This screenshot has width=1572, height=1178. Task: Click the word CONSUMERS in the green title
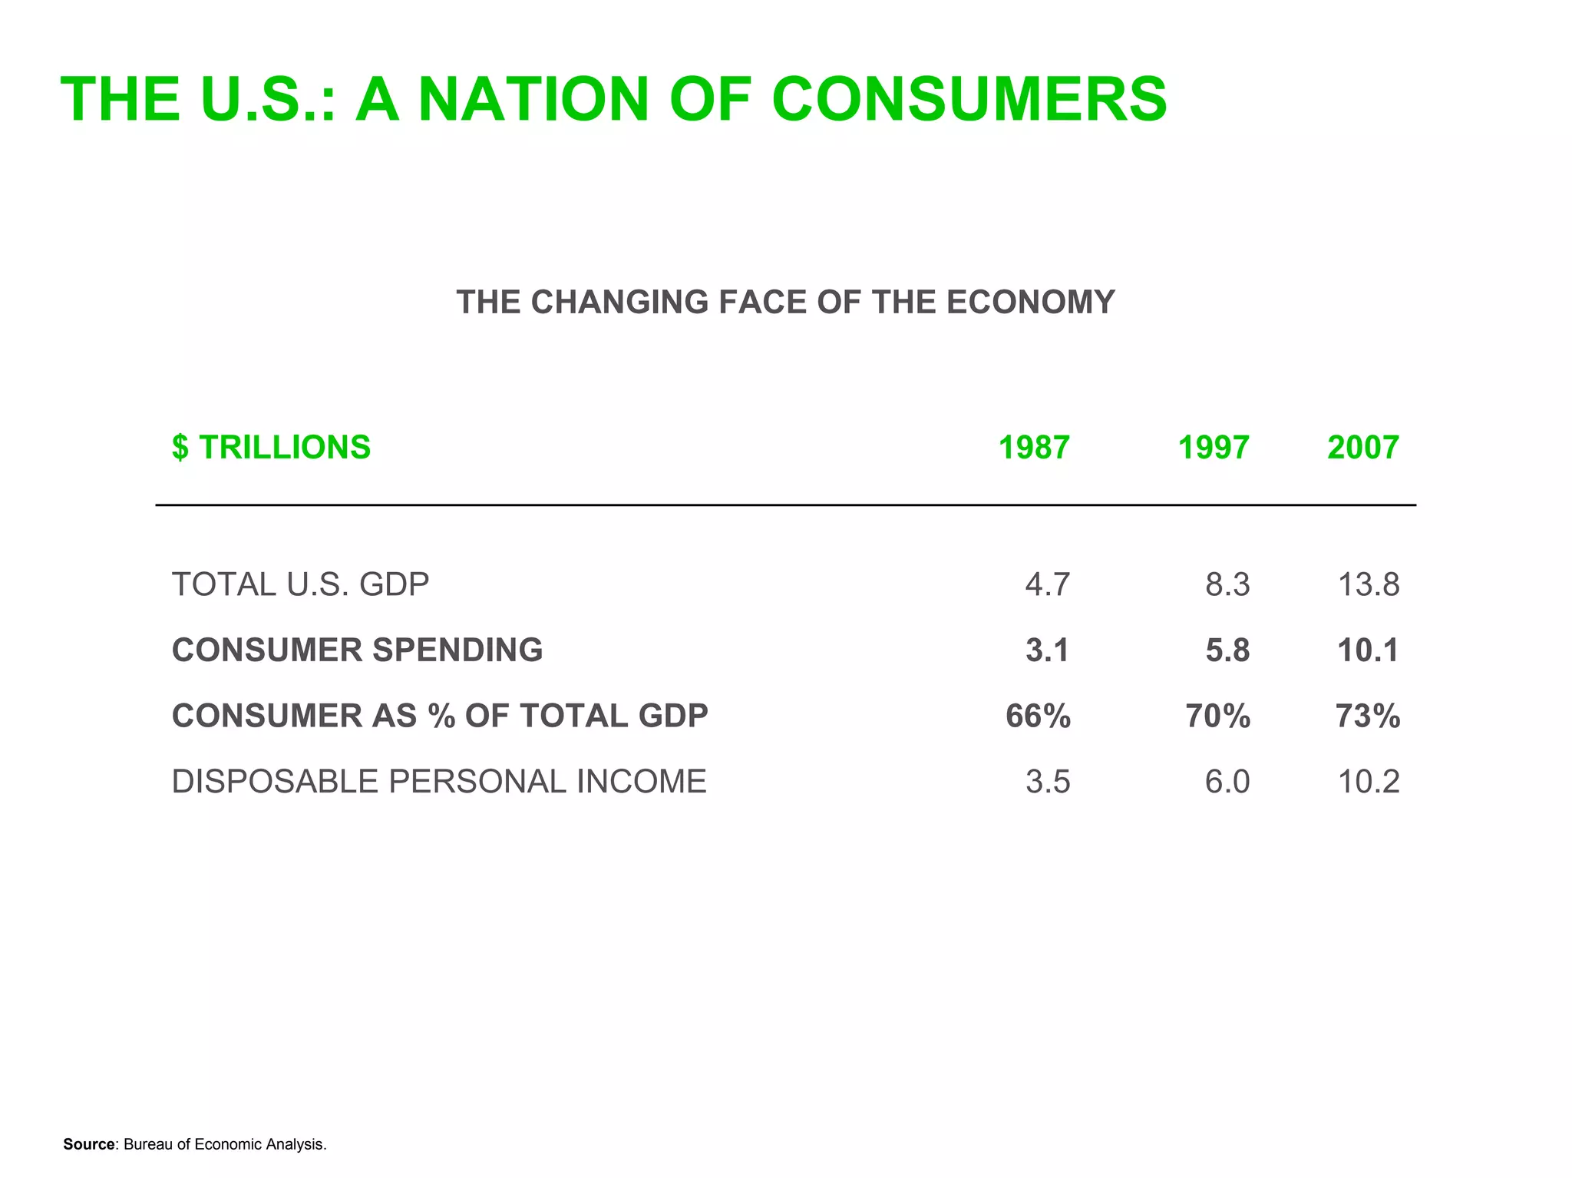(x=969, y=99)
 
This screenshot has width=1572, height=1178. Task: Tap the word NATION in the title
(x=533, y=99)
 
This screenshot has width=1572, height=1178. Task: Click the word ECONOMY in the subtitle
(x=1030, y=302)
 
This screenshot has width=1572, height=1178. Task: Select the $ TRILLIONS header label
(x=271, y=447)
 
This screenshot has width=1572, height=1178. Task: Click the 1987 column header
(x=1033, y=447)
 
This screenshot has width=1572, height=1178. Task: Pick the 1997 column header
(x=1213, y=447)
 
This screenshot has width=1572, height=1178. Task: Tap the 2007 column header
(x=1362, y=447)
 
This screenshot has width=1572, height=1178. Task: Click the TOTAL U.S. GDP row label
(x=300, y=584)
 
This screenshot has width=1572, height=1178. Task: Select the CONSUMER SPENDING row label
(x=357, y=650)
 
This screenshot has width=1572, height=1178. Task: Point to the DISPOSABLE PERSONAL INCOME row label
(x=438, y=781)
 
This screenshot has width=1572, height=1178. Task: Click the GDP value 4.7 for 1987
(x=1047, y=584)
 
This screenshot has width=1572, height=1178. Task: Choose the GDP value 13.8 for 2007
(x=1368, y=584)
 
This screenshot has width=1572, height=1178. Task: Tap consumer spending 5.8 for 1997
(x=1227, y=650)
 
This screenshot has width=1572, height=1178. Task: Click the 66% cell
(x=1038, y=716)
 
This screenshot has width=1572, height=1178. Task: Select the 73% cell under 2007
(x=1367, y=716)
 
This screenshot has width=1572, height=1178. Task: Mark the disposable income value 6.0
(x=1227, y=781)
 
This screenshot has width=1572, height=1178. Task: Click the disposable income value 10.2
(x=1368, y=781)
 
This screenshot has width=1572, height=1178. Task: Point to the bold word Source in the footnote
(x=88, y=1144)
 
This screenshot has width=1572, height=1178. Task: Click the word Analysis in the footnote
(x=297, y=1144)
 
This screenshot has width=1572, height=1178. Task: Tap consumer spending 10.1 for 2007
(x=1368, y=650)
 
